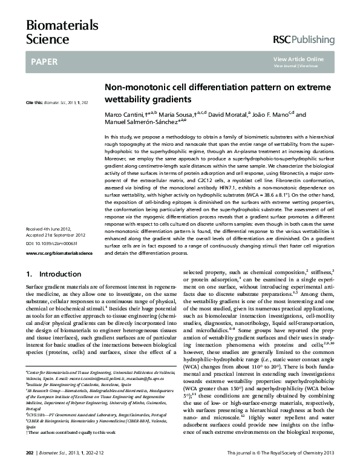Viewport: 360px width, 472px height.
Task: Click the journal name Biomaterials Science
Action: point(53,31)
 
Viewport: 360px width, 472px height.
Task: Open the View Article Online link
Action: point(298,59)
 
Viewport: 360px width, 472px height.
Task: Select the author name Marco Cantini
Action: point(124,114)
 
